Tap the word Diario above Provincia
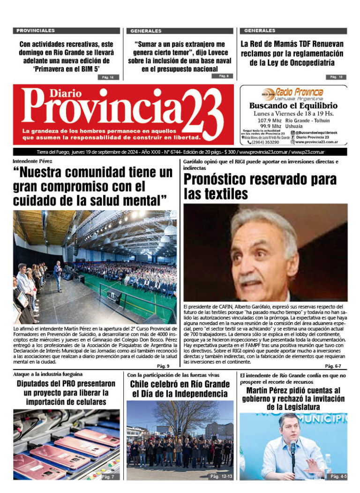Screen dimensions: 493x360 point(52,93)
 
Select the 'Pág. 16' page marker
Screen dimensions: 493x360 point(108,77)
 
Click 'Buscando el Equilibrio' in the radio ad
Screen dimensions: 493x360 point(293,106)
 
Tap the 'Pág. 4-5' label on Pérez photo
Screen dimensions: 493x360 point(338,476)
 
